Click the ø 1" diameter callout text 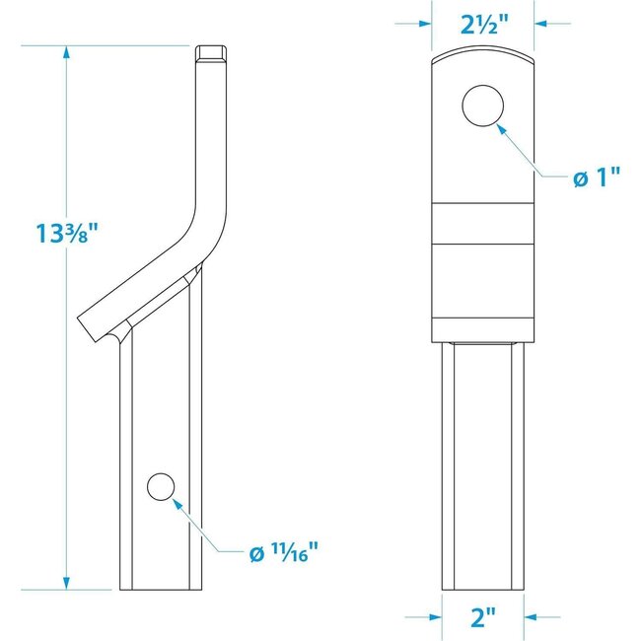point(599,177)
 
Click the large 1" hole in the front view point(483,106)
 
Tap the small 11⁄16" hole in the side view point(160,486)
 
